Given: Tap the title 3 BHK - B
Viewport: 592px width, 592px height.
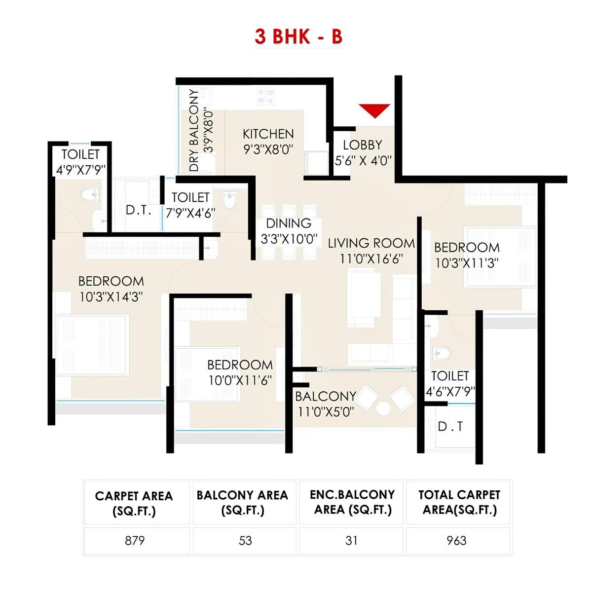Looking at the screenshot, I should tap(298, 37).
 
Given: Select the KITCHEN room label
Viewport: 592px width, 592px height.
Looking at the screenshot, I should tap(268, 134).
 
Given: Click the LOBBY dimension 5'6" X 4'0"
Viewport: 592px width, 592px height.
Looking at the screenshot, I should tap(363, 160).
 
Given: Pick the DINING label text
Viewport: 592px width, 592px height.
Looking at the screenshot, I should tap(289, 223).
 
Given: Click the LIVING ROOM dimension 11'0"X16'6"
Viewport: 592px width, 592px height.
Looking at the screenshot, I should tap(371, 259).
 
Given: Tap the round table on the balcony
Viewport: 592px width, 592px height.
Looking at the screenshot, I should tap(383, 408).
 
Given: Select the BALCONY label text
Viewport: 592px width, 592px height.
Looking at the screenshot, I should tap(326, 396).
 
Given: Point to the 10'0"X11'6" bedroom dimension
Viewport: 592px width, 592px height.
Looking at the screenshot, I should tap(240, 380).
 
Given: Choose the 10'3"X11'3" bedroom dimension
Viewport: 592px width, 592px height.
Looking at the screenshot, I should tap(466, 263).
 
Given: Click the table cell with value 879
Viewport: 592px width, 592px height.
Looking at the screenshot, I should tap(135, 541).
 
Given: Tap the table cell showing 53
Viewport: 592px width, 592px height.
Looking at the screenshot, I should tap(245, 541).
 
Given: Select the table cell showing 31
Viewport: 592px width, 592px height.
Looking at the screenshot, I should tap(351, 541).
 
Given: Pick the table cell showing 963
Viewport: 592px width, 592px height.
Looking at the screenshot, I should tap(457, 541).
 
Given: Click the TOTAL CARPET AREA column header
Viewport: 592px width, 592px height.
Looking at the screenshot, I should tap(459, 502).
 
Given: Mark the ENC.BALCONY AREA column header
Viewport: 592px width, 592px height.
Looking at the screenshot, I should tap(352, 502).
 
